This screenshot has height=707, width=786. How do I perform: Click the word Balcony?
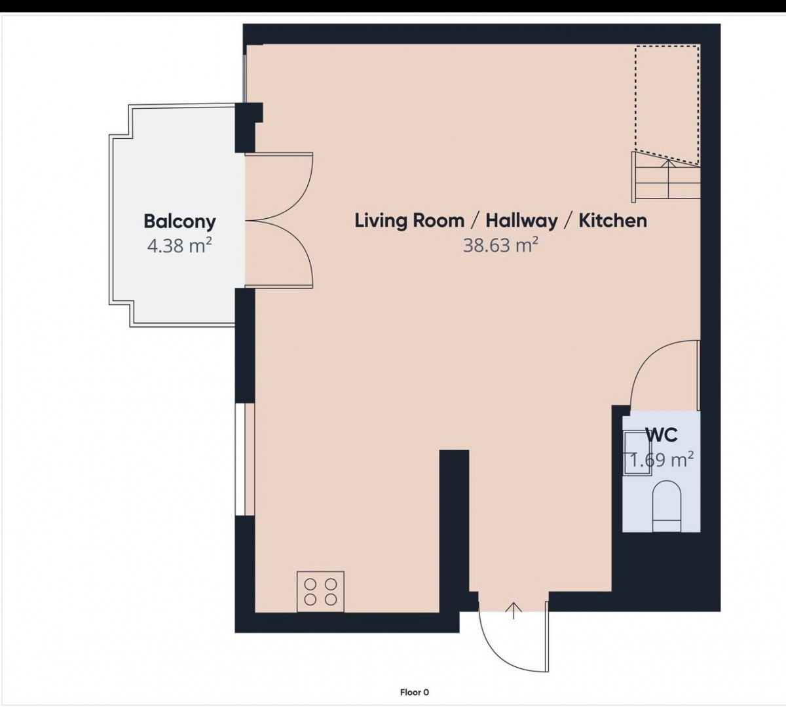(179, 222)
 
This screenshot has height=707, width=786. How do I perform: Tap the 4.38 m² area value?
(179, 246)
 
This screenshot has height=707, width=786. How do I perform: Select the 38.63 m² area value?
(500, 245)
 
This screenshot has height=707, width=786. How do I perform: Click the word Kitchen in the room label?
(613, 220)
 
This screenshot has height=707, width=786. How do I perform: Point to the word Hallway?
(521, 221)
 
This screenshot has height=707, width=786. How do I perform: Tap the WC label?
(662, 435)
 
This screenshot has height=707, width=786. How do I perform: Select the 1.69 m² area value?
(661, 459)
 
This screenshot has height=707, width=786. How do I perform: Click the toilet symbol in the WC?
(667, 506)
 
